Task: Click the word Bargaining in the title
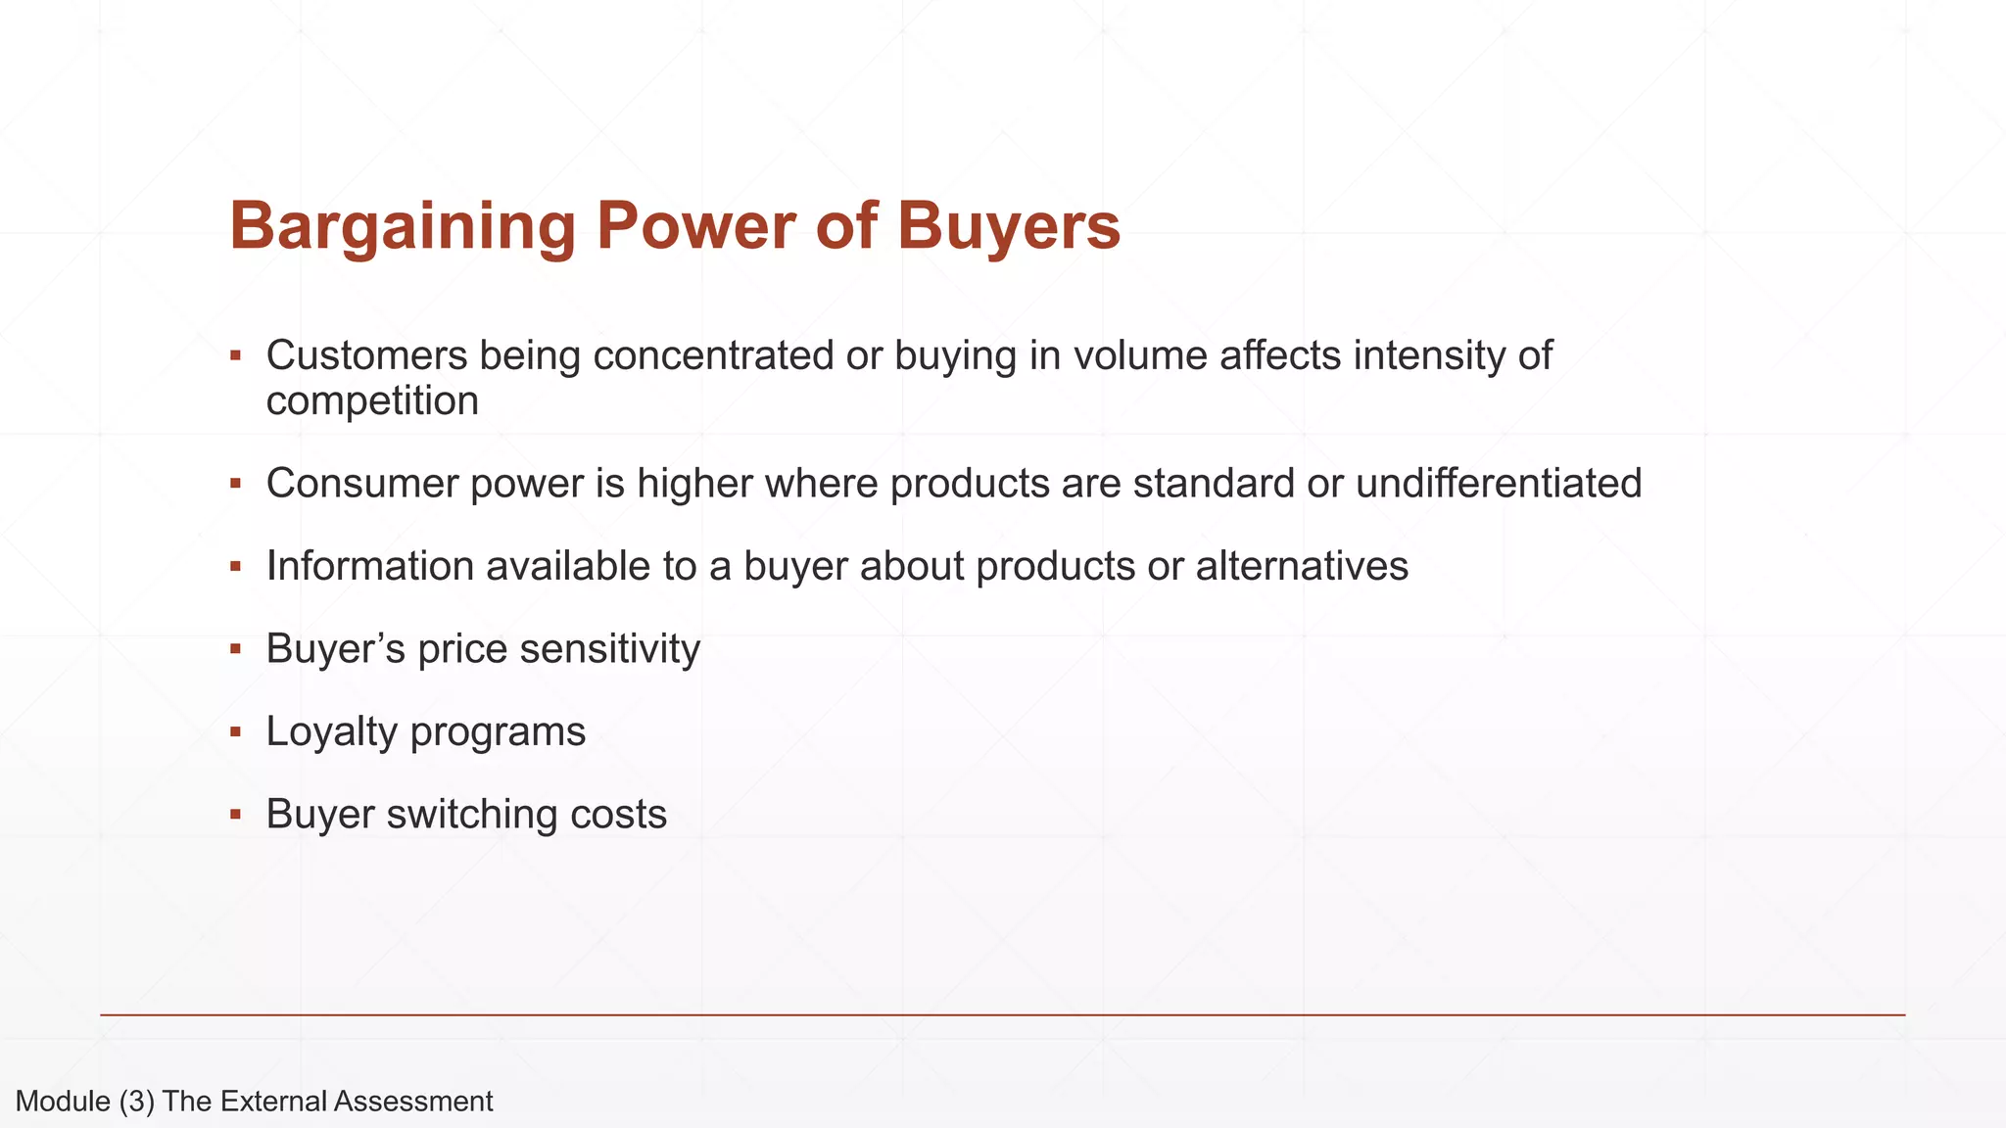pyautogui.click(x=402, y=226)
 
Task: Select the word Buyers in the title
pyautogui.click(x=1009, y=226)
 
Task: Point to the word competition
pyautogui.click(x=372, y=400)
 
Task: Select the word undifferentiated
pyautogui.click(x=1498, y=484)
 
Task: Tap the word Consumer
pyautogui.click(x=361, y=484)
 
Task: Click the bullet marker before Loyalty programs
pyautogui.click(x=235, y=732)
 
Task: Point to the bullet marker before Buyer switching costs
pyautogui.click(x=235, y=815)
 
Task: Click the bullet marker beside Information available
pyautogui.click(x=235, y=567)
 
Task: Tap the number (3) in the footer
pyautogui.click(x=136, y=1102)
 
